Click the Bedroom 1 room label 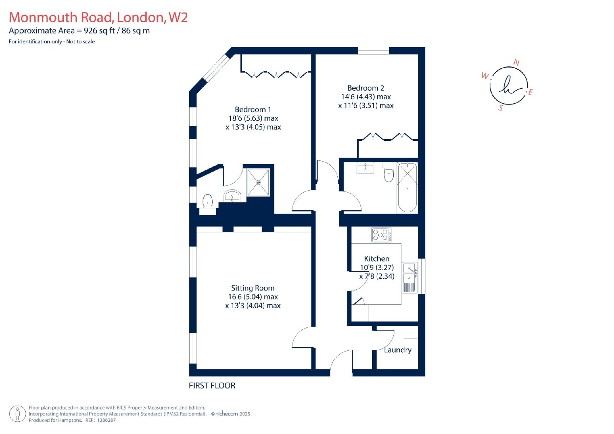pos(253,110)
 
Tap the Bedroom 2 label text pos(366,88)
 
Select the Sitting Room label pos(253,288)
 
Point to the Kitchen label pos(376,259)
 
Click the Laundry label pos(398,350)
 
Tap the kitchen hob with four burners pos(381,235)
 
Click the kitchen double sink pos(410,277)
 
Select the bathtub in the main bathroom pos(407,188)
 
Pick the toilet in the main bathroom pos(388,173)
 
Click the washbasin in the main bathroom pos(365,168)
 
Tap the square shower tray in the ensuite pos(258,182)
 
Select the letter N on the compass pos(517,63)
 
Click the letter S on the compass pos(501,108)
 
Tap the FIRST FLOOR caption pos(212,386)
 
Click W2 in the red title pos(178,17)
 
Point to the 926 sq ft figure pos(99,31)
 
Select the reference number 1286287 pos(107,420)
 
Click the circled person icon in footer pos(18,414)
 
